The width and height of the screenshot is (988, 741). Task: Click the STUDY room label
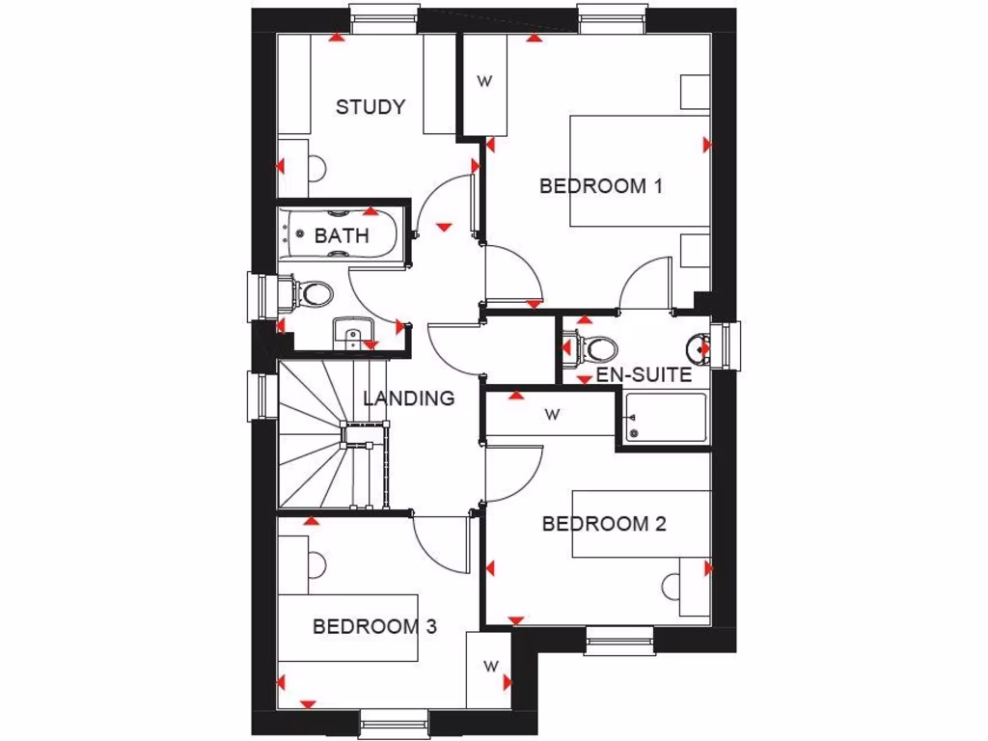click(x=370, y=107)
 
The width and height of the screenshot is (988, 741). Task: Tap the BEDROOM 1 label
click(x=600, y=186)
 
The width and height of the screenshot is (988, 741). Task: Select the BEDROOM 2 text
click(x=604, y=524)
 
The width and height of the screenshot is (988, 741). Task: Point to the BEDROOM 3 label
click(x=374, y=626)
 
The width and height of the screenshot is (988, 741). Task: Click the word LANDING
click(x=408, y=398)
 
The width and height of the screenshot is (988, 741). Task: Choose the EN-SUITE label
click(x=644, y=374)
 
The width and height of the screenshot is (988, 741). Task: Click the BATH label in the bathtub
click(x=342, y=235)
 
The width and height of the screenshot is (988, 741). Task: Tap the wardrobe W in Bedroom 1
click(x=484, y=82)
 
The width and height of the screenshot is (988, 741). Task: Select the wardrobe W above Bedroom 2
click(x=552, y=415)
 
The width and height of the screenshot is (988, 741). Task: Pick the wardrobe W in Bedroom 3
click(x=490, y=666)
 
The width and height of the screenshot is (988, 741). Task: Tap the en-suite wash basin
click(x=698, y=347)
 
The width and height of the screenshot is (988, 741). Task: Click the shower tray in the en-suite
click(x=665, y=418)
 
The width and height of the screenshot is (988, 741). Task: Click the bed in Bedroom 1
click(x=639, y=171)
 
